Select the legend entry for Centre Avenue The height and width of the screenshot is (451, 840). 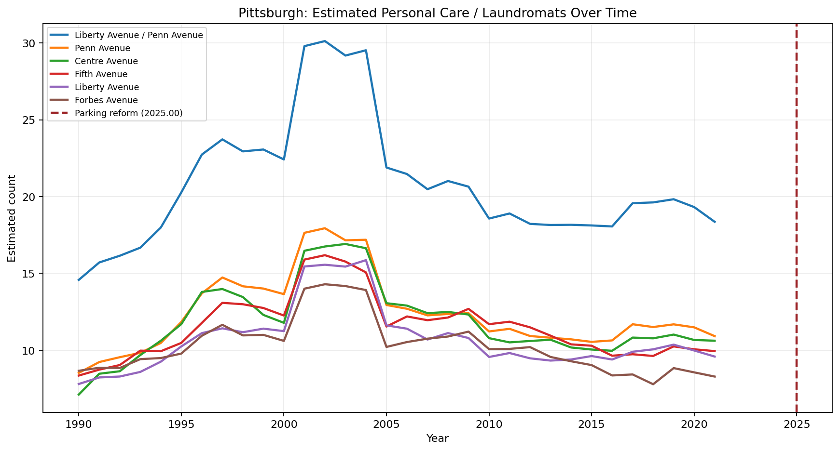(106, 61)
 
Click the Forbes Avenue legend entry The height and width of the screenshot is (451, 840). (106, 100)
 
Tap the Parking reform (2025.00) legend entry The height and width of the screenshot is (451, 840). (128, 113)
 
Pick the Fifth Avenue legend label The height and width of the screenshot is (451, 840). (101, 74)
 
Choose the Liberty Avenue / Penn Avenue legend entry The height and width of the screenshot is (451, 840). (138, 35)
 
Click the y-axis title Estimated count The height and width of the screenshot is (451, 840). (12, 218)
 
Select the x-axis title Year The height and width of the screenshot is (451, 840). (437, 438)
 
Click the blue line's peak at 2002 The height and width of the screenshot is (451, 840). (325, 41)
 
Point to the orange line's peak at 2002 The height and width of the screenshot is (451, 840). (325, 228)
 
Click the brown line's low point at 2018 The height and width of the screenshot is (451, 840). (653, 384)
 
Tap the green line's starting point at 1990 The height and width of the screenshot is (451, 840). (79, 395)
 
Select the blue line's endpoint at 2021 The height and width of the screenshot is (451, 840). (715, 222)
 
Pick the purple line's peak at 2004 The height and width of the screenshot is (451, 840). (366, 260)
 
